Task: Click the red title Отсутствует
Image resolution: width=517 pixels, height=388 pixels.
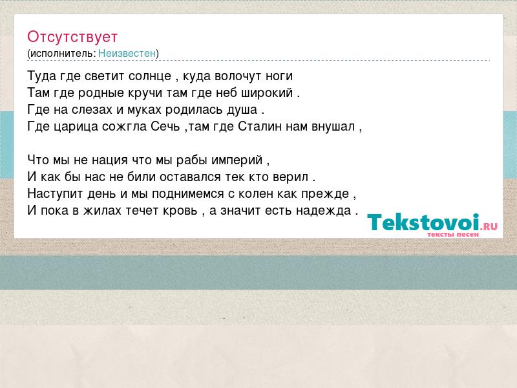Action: [x=72, y=37]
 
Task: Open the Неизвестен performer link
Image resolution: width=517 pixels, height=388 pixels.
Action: [x=127, y=53]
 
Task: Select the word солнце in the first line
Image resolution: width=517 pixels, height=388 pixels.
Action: [x=150, y=76]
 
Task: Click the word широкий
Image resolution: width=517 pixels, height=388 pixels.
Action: [x=267, y=93]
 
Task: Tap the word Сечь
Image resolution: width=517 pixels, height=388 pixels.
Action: [x=165, y=127]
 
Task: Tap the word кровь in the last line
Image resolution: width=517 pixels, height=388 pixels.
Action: [x=180, y=211]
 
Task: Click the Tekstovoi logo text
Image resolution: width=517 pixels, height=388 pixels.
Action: [x=423, y=222]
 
